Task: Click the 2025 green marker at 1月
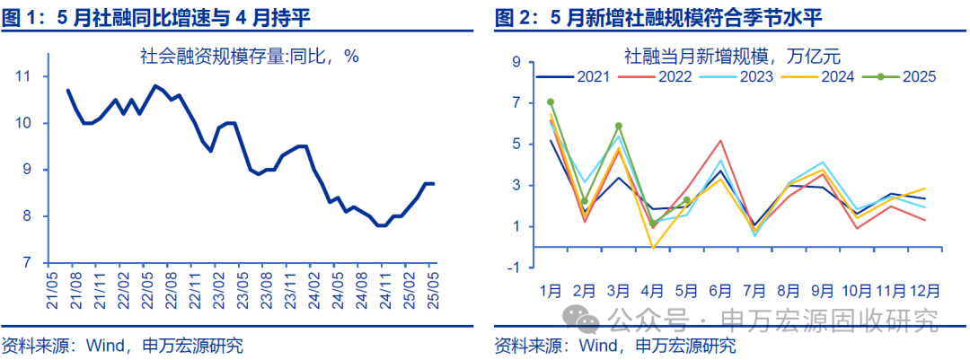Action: [551, 102]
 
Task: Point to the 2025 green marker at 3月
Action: [618, 127]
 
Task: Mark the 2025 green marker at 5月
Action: [686, 200]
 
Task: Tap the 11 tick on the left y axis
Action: [25, 76]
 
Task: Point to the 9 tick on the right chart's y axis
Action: [517, 62]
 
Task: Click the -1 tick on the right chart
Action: [514, 268]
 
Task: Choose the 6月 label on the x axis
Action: [720, 291]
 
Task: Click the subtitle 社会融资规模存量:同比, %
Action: [249, 56]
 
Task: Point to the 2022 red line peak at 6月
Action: [720, 140]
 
